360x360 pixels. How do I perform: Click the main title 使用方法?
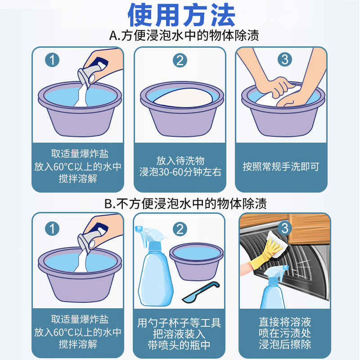[x=181, y=16]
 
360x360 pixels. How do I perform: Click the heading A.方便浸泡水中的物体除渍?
[x=184, y=36]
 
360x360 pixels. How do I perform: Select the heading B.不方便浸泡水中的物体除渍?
[x=185, y=203]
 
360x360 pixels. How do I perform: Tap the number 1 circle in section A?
[x=53, y=60]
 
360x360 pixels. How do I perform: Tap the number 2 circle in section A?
[x=180, y=60]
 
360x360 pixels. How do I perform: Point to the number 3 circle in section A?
[x=284, y=59]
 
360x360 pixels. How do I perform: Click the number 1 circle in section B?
[x=53, y=229]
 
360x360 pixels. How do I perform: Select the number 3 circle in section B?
[x=284, y=228]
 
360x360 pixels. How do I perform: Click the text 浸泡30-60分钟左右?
[x=180, y=172]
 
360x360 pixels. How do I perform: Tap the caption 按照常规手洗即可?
[x=281, y=166]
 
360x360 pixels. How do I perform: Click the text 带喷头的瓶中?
[x=180, y=345]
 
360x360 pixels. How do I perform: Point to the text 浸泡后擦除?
[x=285, y=345]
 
